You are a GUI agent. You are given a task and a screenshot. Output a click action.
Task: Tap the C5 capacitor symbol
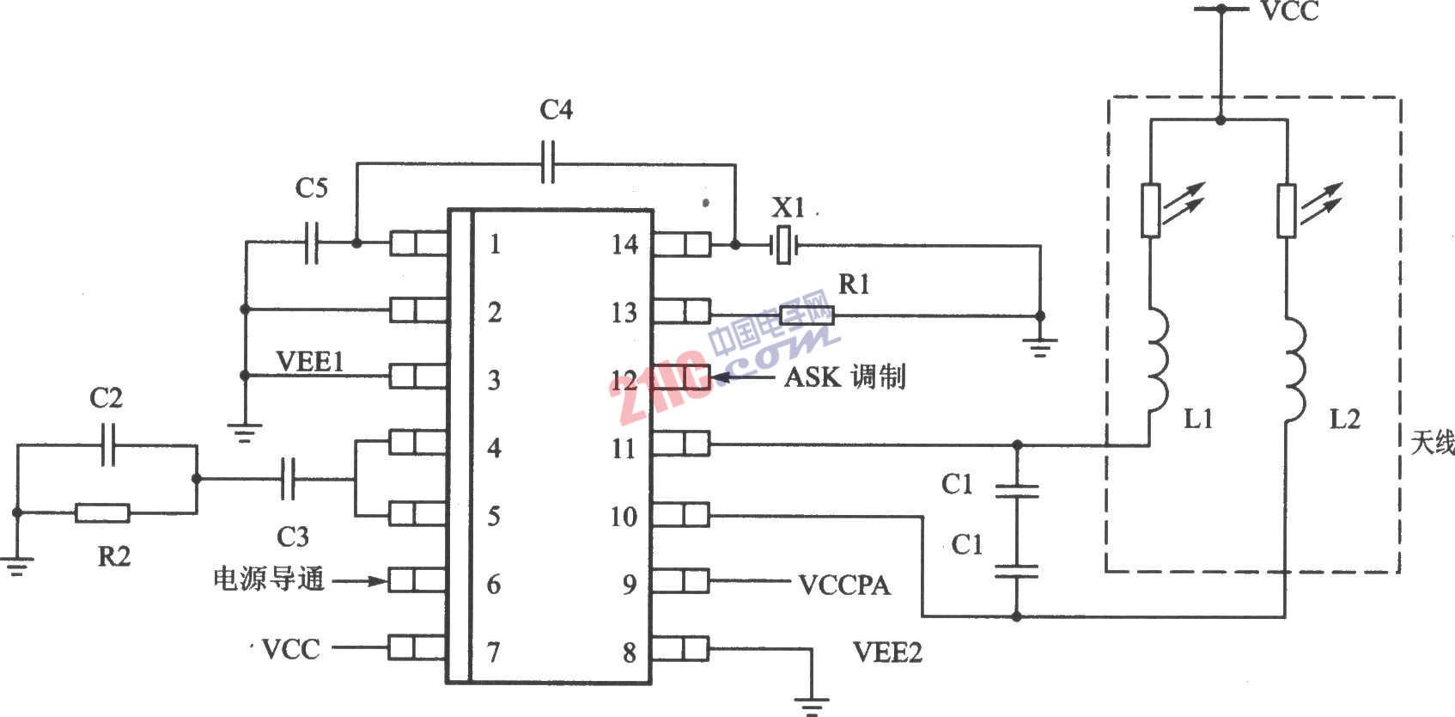(312, 242)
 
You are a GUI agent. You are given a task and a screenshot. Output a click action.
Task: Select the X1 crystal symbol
(785, 245)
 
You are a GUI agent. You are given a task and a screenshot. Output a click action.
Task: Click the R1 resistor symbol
(807, 316)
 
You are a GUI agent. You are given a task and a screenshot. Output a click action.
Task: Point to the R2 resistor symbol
(102, 513)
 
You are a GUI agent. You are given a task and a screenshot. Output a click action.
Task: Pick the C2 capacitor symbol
(108, 444)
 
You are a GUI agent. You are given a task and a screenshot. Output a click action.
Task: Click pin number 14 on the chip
(625, 244)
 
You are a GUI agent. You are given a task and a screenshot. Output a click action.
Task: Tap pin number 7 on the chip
(494, 652)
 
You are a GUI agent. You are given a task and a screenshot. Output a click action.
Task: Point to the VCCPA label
(844, 585)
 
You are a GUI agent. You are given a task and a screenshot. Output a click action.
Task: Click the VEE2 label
(887, 652)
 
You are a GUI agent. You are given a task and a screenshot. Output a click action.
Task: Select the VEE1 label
(310, 361)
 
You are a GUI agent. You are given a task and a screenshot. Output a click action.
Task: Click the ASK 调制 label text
(845, 377)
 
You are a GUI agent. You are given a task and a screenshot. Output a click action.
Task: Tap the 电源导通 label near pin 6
(269, 579)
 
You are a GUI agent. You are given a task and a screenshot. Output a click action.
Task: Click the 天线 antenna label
(1433, 444)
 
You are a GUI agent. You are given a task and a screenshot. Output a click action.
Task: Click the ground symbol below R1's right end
(1040, 348)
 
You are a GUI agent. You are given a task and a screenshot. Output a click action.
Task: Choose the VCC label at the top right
(1290, 12)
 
